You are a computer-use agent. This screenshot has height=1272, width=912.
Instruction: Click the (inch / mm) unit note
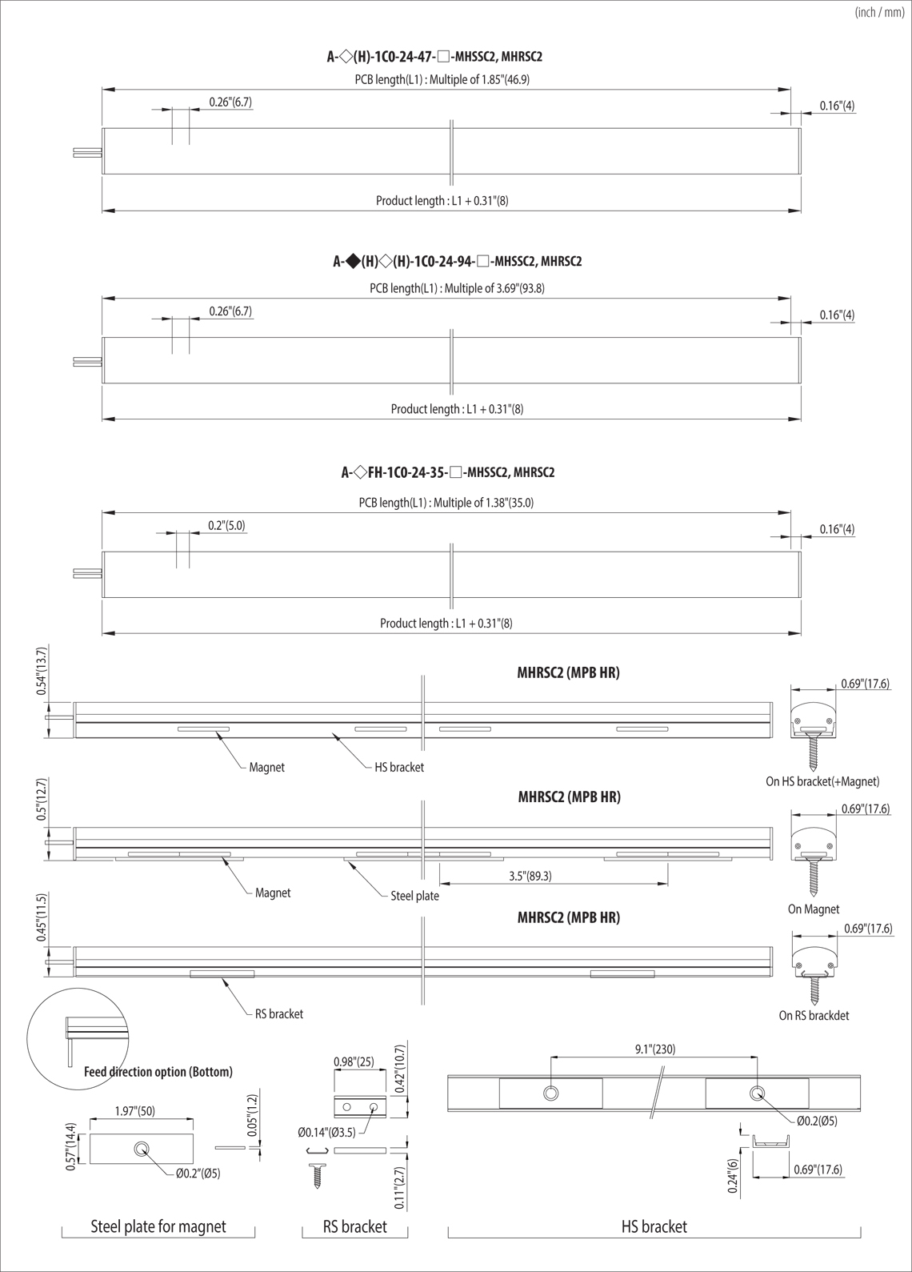pyautogui.click(x=880, y=13)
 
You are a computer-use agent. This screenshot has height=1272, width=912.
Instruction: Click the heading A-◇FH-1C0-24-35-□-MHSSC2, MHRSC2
pyautogui.click(x=448, y=472)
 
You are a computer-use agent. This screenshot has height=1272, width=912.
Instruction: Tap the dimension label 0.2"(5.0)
pyautogui.click(x=226, y=525)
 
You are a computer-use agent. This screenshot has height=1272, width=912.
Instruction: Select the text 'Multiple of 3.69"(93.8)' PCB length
pyautogui.click(x=494, y=288)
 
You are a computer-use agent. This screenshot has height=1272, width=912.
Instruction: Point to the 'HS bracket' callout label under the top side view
pyautogui.click(x=399, y=767)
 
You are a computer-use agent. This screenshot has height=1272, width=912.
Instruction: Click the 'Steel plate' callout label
pyautogui.click(x=415, y=896)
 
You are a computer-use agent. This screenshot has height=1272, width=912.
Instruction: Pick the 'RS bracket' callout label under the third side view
pyautogui.click(x=279, y=1013)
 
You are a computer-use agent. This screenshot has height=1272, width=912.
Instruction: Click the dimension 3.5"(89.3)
pyautogui.click(x=530, y=876)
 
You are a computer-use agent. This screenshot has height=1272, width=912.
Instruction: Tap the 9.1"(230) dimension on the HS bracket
pyautogui.click(x=655, y=1049)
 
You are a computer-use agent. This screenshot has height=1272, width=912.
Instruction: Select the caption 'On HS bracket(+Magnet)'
pyautogui.click(x=822, y=781)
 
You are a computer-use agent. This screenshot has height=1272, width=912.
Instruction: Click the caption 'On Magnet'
pyautogui.click(x=814, y=909)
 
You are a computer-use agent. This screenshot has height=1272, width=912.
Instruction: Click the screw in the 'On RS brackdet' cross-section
pyautogui.click(x=815, y=991)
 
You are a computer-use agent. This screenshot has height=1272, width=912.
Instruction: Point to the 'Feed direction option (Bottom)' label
pyautogui.click(x=158, y=1072)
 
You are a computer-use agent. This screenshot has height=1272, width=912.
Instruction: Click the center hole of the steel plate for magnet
pyautogui.click(x=141, y=1149)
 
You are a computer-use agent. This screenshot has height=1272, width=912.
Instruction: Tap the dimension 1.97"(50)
pyautogui.click(x=135, y=1111)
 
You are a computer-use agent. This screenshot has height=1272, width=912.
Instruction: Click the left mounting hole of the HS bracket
pyautogui.click(x=550, y=1093)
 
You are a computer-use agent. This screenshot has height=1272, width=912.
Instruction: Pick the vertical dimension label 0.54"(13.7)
pyautogui.click(x=42, y=671)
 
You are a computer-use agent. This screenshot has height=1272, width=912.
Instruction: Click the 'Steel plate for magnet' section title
pyautogui.click(x=158, y=1226)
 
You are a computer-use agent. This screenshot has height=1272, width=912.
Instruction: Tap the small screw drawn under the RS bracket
pyautogui.click(x=318, y=1175)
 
